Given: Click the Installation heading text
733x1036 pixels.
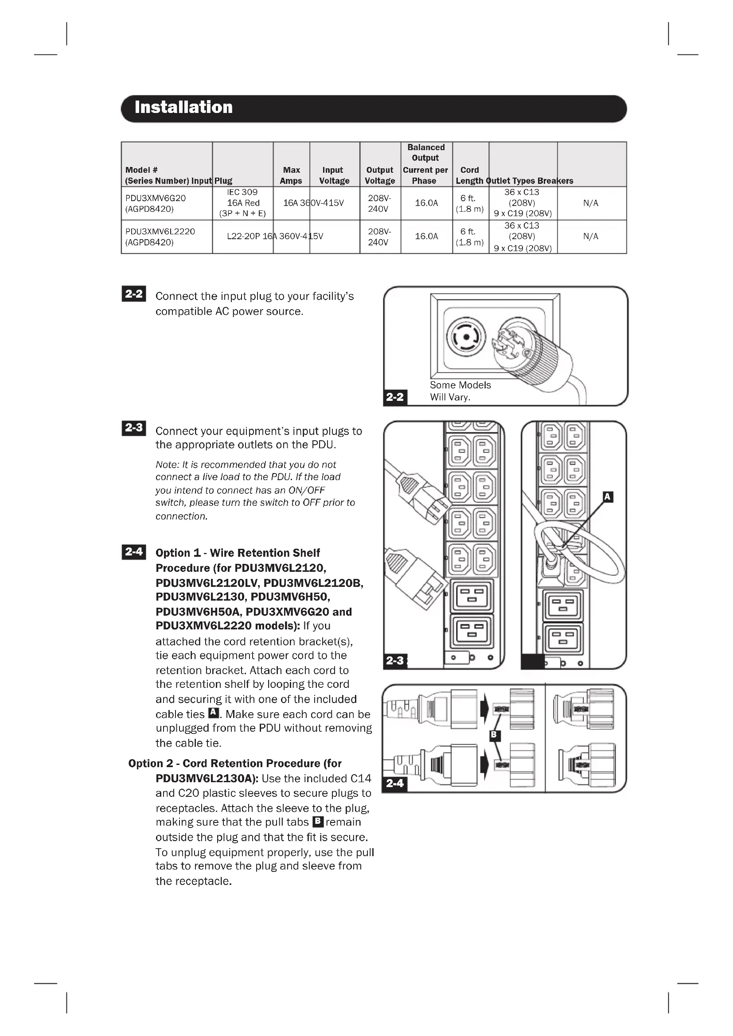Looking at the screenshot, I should [183, 107].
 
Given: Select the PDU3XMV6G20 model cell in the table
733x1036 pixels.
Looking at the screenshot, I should [156, 203].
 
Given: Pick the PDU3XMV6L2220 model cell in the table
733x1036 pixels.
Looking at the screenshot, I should [160, 237].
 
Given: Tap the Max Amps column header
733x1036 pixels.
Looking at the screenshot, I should [291, 175].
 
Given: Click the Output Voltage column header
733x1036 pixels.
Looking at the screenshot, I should [380, 175].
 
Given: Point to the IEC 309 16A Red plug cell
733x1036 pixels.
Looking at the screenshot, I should [242, 202].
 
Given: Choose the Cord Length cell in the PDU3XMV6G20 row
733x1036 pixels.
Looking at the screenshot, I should [469, 203].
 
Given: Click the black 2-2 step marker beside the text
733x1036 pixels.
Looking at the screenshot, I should [133, 294].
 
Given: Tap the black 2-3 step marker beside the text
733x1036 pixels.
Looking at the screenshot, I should [133, 427].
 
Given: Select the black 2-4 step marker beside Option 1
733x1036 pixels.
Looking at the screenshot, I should [133, 551].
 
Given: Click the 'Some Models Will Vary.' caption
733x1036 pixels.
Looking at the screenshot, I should [460, 391].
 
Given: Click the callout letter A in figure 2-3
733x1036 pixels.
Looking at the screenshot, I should [608, 497].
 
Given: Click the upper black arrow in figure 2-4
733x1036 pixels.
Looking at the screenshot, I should [484, 708].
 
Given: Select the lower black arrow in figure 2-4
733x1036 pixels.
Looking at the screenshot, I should [484, 764].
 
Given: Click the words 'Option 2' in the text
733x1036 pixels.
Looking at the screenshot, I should [151, 764].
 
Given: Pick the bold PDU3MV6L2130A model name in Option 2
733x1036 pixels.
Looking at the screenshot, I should [207, 779].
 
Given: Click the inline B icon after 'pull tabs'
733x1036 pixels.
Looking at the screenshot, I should [318, 821].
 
